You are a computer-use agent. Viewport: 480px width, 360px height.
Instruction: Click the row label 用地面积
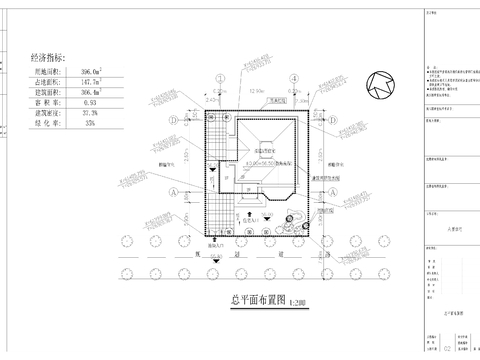click(x=46, y=72)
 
